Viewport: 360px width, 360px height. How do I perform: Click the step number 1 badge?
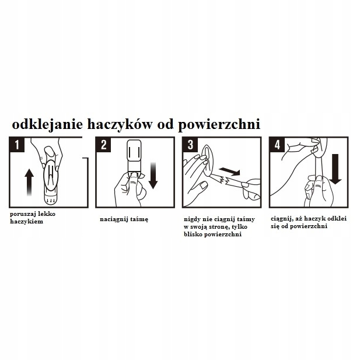pos(18,145)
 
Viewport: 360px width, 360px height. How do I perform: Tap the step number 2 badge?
pos(104,145)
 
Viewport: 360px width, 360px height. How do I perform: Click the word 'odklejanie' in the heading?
pos(46,124)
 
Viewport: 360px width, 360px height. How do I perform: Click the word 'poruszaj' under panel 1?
pos(23,214)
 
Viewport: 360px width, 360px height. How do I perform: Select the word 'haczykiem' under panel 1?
pos(27,222)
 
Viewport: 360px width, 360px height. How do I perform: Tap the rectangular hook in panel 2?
pos(134,153)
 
